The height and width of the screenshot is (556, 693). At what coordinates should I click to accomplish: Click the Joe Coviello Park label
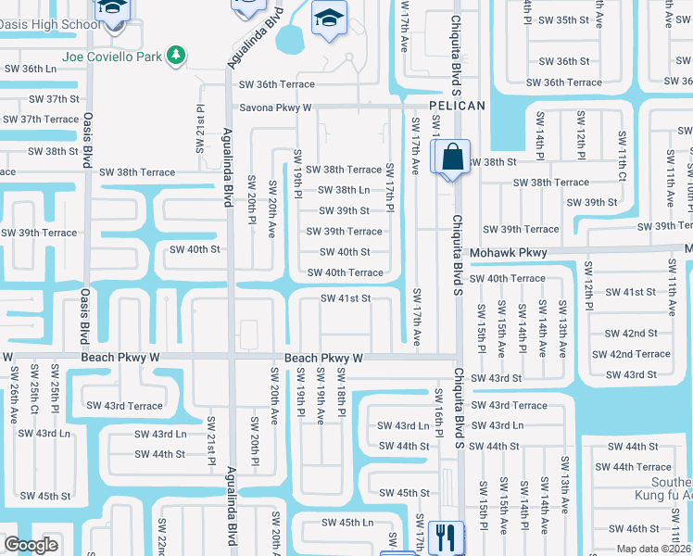[111, 57]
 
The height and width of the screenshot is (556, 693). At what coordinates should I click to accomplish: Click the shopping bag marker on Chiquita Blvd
[450, 157]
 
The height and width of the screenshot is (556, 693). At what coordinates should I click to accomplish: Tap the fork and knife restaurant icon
[447, 537]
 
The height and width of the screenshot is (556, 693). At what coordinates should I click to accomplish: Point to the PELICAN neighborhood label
[456, 106]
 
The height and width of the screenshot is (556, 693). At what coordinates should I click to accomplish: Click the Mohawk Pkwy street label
[509, 252]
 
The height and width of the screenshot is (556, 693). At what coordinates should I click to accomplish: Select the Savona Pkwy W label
[275, 107]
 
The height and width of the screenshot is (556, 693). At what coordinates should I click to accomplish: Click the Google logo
[31, 545]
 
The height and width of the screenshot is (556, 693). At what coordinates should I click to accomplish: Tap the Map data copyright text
[654, 549]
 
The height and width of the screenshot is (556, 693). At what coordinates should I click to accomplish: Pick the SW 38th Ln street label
[344, 190]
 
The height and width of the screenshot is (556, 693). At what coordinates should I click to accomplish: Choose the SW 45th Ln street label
[346, 523]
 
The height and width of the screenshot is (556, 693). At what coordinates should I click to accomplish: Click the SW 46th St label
[634, 529]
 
